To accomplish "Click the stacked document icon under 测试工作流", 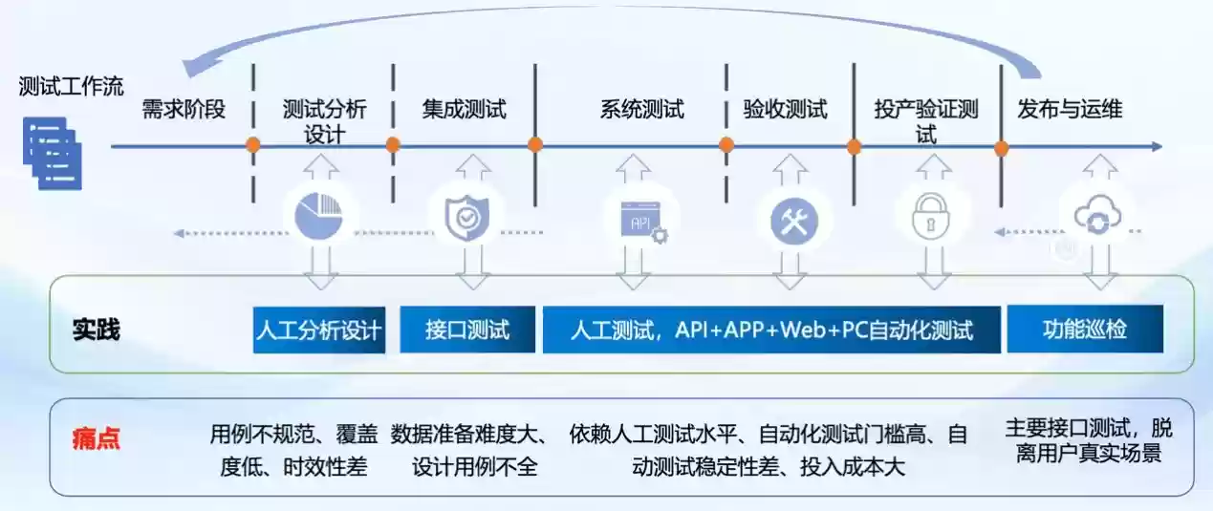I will (x=54, y=153).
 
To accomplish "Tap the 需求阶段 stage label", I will (x=184, y=109).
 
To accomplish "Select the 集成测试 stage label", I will (x=465, y=109).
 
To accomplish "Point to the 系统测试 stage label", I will (x=642, y=109).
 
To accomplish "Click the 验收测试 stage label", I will (x=786, y=109).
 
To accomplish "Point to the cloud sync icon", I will (x=1094, y=218).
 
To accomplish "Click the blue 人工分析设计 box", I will (x=319, y=330).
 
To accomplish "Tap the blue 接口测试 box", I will (x=467, y=330).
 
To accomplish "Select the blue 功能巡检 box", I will (x=1085, y=330).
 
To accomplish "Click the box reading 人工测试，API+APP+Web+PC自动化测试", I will (x=771, y=330).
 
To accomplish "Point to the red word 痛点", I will (x=97, y=440).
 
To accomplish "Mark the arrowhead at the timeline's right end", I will (x=1157, y=146).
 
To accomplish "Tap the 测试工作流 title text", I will (x=72, y=87).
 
